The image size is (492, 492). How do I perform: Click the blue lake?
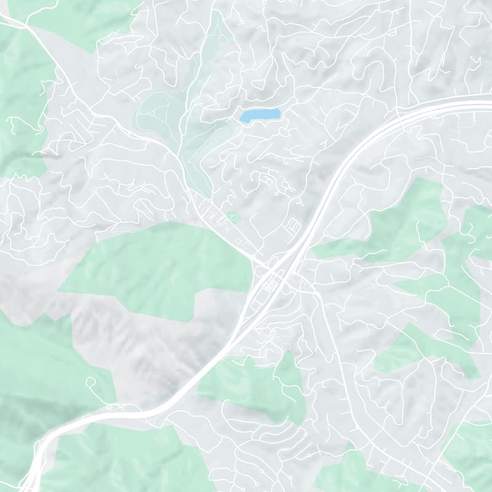pos(260,115)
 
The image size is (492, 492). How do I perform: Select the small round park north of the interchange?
pos(232,216)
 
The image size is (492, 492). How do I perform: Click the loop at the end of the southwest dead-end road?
pos(90,381)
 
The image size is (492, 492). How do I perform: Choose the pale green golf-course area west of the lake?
pos(157,114)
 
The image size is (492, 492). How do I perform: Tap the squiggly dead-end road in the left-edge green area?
pos(25,123)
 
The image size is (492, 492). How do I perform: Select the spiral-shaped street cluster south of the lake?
pos(271,181)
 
